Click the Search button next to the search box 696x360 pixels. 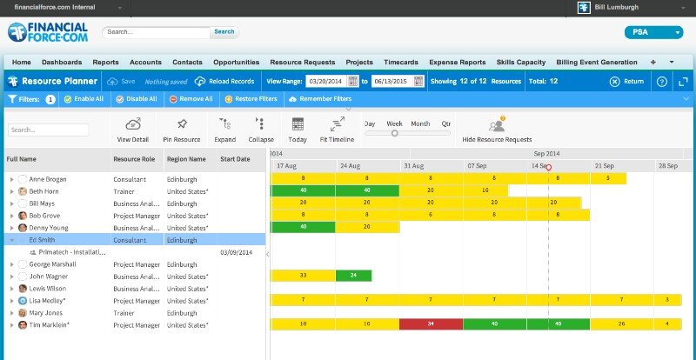point(224,32)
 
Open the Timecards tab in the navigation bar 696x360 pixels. point(400,63)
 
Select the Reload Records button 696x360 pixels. point(224,81)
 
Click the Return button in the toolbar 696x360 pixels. point(626,81)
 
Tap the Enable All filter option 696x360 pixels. point(84,99)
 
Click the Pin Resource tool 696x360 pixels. point(181,130)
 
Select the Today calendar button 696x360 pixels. point(298,130)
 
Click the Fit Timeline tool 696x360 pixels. point(337,130)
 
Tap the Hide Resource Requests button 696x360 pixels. point(497,130)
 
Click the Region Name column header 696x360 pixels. point(186,160)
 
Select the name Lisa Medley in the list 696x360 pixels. point(49,300)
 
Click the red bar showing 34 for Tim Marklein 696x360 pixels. point(431,324)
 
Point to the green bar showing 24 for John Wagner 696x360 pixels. point(353,276)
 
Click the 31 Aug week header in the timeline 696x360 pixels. point(413,165)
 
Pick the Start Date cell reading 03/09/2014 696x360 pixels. point(235,251)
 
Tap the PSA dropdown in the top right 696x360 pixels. point(653,33)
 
